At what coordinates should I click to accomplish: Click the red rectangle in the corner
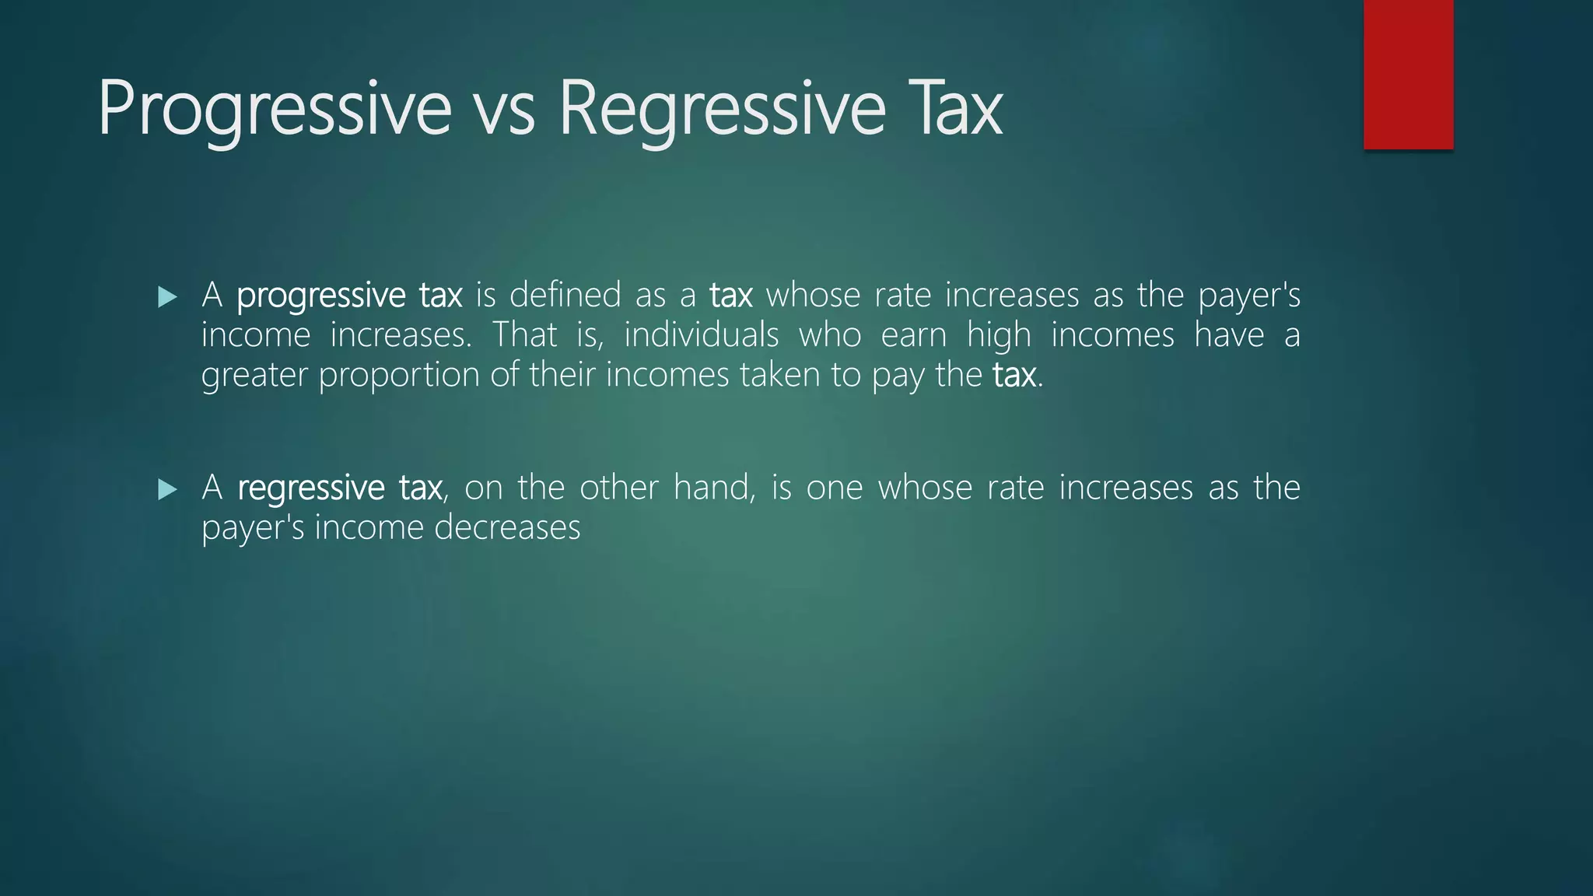click(1408, 74)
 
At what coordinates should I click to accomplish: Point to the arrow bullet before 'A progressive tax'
click(167, 296)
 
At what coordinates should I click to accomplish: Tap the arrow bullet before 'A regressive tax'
click(167, 489)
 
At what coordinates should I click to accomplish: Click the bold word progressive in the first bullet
click(320, 296)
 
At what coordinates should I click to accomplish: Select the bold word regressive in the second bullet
click(310, 489)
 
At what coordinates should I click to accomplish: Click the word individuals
click(701, 335)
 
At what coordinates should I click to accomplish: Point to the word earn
click(913, 335)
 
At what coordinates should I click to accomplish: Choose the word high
click(998, 335)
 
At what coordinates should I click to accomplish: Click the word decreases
click(507, 527)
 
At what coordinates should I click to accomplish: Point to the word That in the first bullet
click(525, 334)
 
